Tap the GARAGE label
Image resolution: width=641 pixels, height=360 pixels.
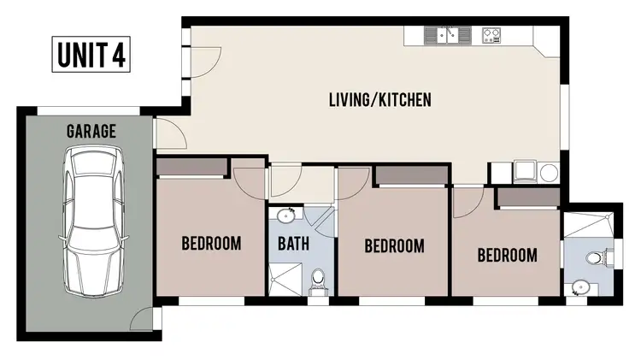pos(91,132)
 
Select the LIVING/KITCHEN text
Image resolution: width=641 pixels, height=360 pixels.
pos(379,100)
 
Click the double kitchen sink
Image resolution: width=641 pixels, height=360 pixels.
pos(448,35)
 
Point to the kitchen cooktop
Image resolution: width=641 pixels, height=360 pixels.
pos(491,35)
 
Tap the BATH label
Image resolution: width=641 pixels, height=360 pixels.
pos(294,243)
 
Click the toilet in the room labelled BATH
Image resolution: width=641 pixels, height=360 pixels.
pos(318,279)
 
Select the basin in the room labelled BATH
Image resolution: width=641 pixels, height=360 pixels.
pos(285,215)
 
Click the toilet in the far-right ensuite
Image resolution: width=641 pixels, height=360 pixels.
pos(597,257)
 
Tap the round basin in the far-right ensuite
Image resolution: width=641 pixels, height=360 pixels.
pos(581,287)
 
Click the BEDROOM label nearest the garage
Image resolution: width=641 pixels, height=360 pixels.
pos(211,243)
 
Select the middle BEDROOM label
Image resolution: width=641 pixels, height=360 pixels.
pos(394,246)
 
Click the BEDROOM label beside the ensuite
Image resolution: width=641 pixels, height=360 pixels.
pos(507,255)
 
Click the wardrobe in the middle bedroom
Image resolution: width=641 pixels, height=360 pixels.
pos(411,175)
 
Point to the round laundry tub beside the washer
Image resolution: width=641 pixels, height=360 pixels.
pos(548,172)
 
